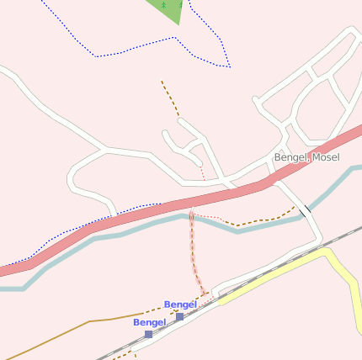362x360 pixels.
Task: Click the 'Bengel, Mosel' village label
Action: pos(306,157)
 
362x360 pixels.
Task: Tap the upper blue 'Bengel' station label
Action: pos(180,304)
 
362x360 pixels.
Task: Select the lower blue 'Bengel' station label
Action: pos(149,322)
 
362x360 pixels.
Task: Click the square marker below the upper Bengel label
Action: pos(179,316)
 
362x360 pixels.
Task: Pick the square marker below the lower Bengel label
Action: pos(148,334)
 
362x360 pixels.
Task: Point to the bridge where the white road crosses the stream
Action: pos(305,210)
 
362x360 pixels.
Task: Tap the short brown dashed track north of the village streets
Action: pos(170,98)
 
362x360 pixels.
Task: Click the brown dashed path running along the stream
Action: pos(261,221)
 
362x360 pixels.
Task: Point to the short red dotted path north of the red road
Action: pos(202,172)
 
